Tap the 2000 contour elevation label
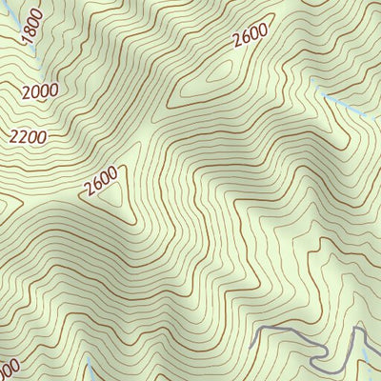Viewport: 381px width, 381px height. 39,90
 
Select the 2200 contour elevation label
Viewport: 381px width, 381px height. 29,136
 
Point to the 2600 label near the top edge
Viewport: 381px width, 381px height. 250,34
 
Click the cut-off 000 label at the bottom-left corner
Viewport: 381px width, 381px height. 8,369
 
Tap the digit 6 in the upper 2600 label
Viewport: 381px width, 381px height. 244,37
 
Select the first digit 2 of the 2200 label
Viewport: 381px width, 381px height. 14,139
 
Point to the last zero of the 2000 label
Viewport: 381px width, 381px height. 53,89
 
